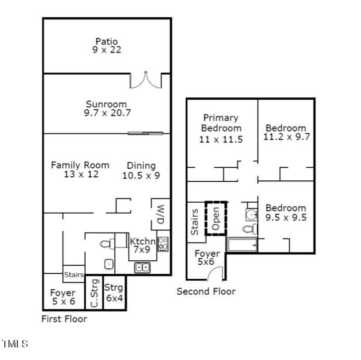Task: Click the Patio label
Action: coord(107,42)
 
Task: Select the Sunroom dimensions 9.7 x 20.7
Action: coord(107,113)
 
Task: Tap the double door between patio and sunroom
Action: coord(146,80)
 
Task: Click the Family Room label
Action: coord(80,165)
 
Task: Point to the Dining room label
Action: coord(141,165)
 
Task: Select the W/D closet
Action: coord(161,214)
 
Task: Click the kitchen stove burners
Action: coord(163,244)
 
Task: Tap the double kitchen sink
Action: coord(142,268)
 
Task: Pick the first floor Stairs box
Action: coord(73,274)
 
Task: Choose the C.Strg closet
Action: coord(94,293)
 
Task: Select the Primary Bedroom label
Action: coord(221,123)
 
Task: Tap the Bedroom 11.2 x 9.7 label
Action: coord(286,128)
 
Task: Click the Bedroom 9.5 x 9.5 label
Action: coord(286,208)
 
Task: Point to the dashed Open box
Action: coord(216,218)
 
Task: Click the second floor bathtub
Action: coord(242,245)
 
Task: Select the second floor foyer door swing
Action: coord(215,273)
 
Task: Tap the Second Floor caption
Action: coord(206,291)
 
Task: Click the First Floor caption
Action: coord(64,319)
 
